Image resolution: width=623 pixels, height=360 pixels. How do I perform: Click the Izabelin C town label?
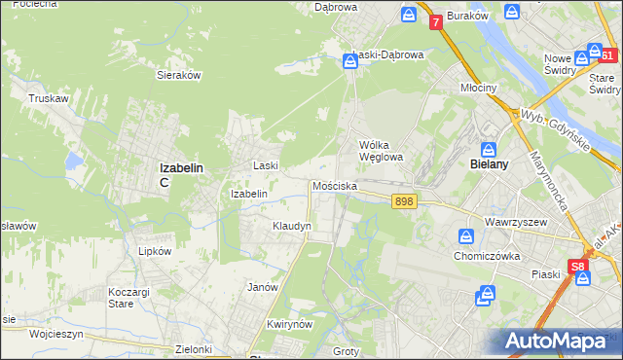point(181,173)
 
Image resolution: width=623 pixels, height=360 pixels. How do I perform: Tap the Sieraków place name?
point(178,74)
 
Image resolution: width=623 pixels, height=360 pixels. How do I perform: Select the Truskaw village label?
point(47,98)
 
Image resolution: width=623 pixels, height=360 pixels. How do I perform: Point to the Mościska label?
point(335,185)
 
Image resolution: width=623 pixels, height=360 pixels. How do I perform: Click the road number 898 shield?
point(405,201)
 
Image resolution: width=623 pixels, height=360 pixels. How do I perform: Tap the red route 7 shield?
point(435,20)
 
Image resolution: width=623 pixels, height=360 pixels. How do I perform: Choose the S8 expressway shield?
point(578,265)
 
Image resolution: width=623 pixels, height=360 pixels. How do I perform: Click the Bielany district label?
point(490,165)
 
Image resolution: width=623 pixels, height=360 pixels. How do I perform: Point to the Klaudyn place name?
point(292,226)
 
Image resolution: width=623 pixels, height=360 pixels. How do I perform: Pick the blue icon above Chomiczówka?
point(466,236)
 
